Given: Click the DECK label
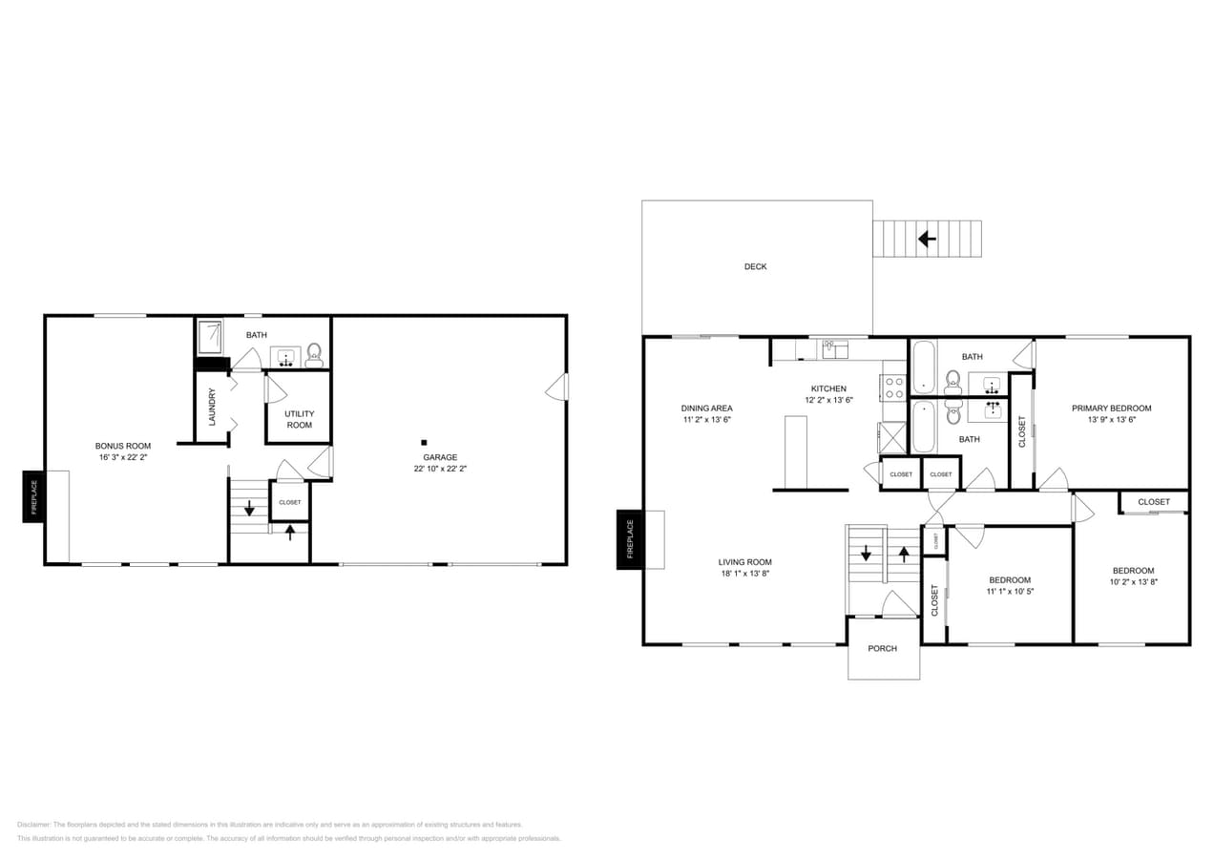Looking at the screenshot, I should (755, 267).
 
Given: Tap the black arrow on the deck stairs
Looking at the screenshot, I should (925, 238).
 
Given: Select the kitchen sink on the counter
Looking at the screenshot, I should (835, 349).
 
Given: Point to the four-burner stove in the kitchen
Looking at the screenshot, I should (893, 388).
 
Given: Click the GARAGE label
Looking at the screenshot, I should (440, 457).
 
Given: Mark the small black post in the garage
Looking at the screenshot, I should (424, 442).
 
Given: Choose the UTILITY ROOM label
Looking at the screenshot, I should (299, 419).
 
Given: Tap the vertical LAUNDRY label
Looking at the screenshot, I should (212, 408).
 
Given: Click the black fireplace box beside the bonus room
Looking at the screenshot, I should (33, 496).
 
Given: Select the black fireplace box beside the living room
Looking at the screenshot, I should (629, 539).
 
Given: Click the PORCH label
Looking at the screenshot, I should (882, 649).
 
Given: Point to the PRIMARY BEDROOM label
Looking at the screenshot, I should (1111, 409).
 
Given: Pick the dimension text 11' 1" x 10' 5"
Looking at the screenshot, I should (1010, 592).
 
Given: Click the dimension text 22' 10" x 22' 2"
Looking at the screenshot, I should (440, 469).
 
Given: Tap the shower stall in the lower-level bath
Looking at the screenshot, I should (210, 337).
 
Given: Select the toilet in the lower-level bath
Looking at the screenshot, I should (314, 356).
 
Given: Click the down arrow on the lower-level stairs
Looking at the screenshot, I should (249, 508).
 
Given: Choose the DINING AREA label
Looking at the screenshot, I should (707, 408).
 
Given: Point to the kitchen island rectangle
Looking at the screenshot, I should (796, 451).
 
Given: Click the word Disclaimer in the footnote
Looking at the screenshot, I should (33, 825).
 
